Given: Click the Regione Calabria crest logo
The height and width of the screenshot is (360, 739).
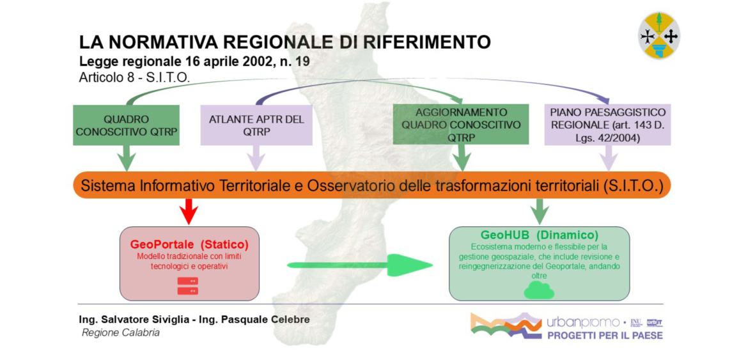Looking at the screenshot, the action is [659, 36].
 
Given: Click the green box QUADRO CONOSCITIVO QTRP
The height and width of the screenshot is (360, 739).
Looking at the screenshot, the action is [127, 125].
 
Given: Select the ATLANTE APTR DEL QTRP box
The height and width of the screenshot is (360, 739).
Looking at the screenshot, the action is [256, 125].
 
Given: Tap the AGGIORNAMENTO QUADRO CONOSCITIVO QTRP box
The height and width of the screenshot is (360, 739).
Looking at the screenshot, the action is [461, 125].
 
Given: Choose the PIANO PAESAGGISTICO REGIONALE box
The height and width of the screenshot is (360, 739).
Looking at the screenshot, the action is [609, 125].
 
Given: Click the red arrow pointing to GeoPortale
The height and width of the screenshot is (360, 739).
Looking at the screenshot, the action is [189, 210].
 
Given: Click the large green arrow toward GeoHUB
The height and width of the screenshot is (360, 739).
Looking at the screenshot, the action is [360, 265].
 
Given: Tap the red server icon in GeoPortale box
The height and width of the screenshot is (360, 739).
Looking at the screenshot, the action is [187, 286].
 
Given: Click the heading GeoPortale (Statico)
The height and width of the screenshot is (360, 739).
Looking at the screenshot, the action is [189, 245].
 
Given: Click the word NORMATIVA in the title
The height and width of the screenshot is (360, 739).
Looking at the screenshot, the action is [163, 42].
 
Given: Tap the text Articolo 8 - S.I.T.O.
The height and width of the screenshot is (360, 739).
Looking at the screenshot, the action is [135, 78].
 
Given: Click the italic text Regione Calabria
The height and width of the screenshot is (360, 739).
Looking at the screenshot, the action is [121, 333].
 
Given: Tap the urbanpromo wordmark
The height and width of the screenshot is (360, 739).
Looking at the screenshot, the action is [583, 324].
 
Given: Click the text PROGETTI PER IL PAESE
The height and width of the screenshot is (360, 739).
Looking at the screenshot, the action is [605, 336].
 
